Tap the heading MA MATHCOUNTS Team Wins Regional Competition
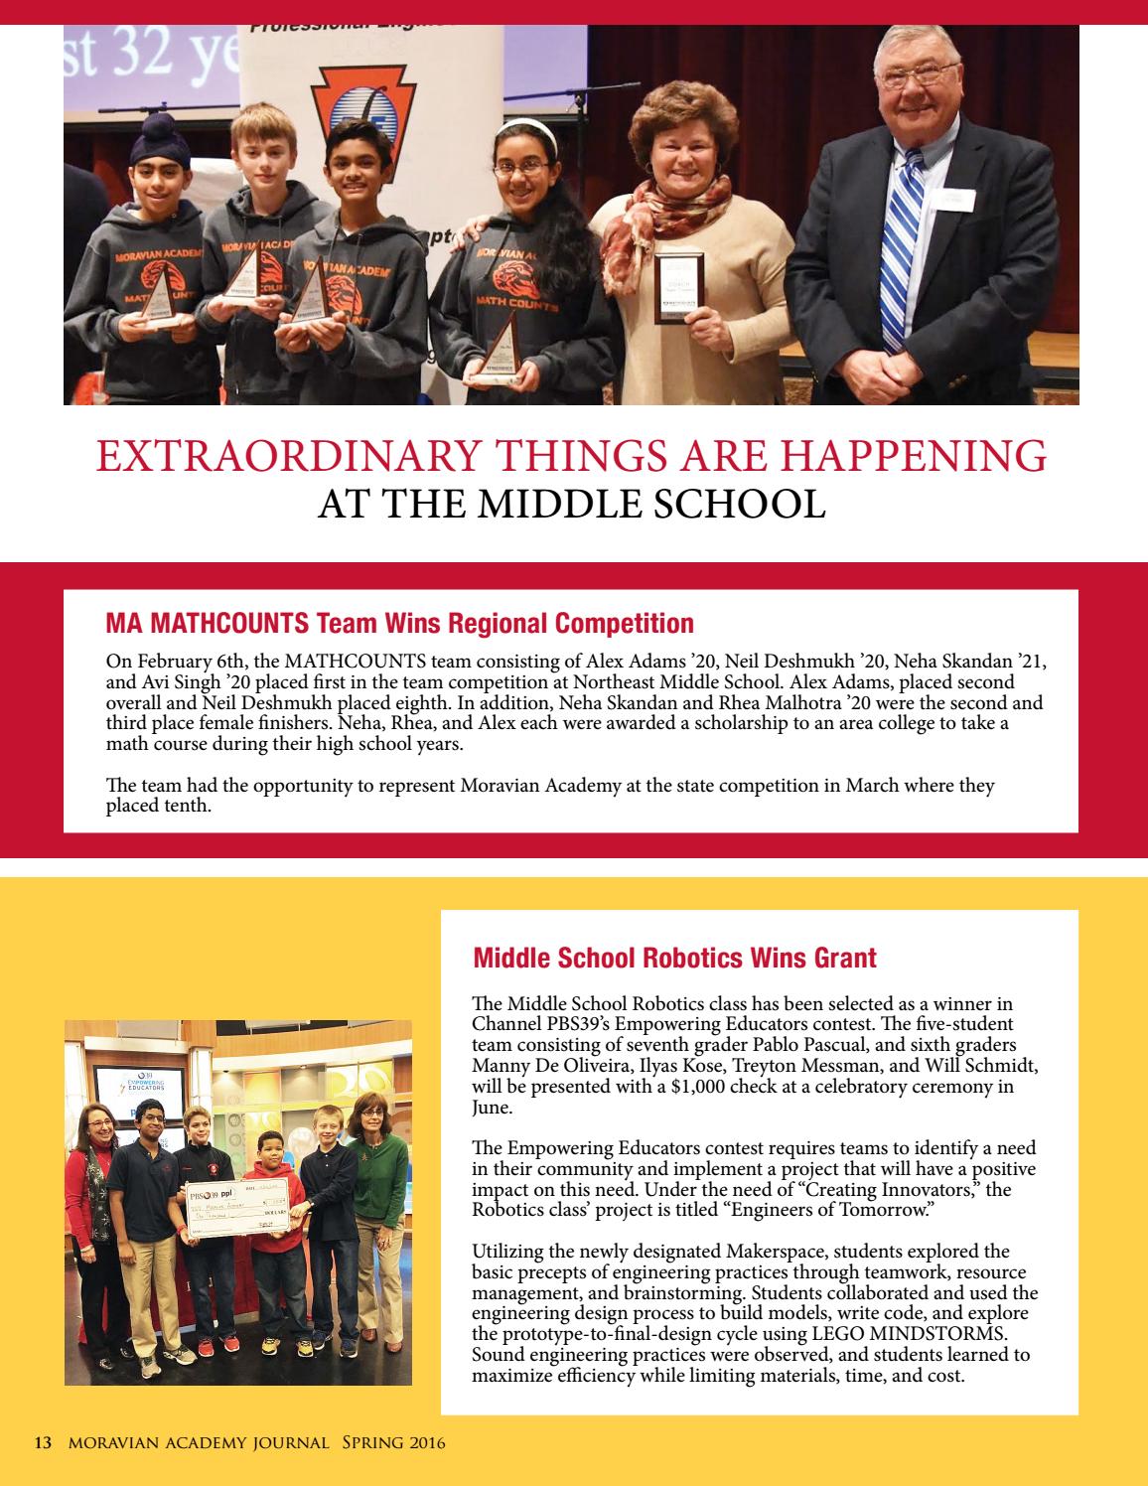(x=399, y=624)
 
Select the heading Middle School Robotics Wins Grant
(x=674, y=958)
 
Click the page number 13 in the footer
(x=43, y=1443)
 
